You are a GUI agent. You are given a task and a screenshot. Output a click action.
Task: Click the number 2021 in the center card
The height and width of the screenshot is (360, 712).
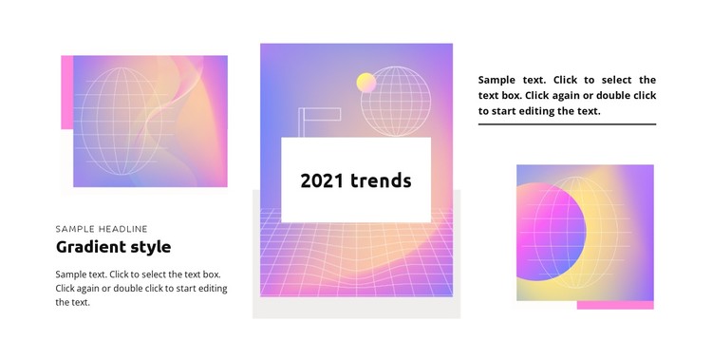click(x=321, y=180)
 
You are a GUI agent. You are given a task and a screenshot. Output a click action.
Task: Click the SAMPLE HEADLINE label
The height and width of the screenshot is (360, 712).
click(x=102, y=229)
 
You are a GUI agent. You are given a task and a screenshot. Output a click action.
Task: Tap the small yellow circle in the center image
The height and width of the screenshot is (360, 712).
click(x=365, y=84)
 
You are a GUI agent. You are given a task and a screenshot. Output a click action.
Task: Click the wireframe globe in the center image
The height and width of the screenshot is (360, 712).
click(x=397, y=101)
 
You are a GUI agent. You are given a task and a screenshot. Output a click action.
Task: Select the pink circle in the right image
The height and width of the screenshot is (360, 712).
click(x=546, y=233)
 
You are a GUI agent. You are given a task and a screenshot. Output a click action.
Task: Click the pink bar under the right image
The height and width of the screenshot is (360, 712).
click(x=615, y=305)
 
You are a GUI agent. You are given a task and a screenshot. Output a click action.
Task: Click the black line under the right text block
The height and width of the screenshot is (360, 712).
click(x=567, y=124)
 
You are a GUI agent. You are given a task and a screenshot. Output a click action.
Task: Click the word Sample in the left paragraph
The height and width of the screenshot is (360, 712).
click(x=74, y=275)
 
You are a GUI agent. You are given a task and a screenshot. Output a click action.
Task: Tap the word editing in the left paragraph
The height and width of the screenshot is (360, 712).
click(x=210, y=288)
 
